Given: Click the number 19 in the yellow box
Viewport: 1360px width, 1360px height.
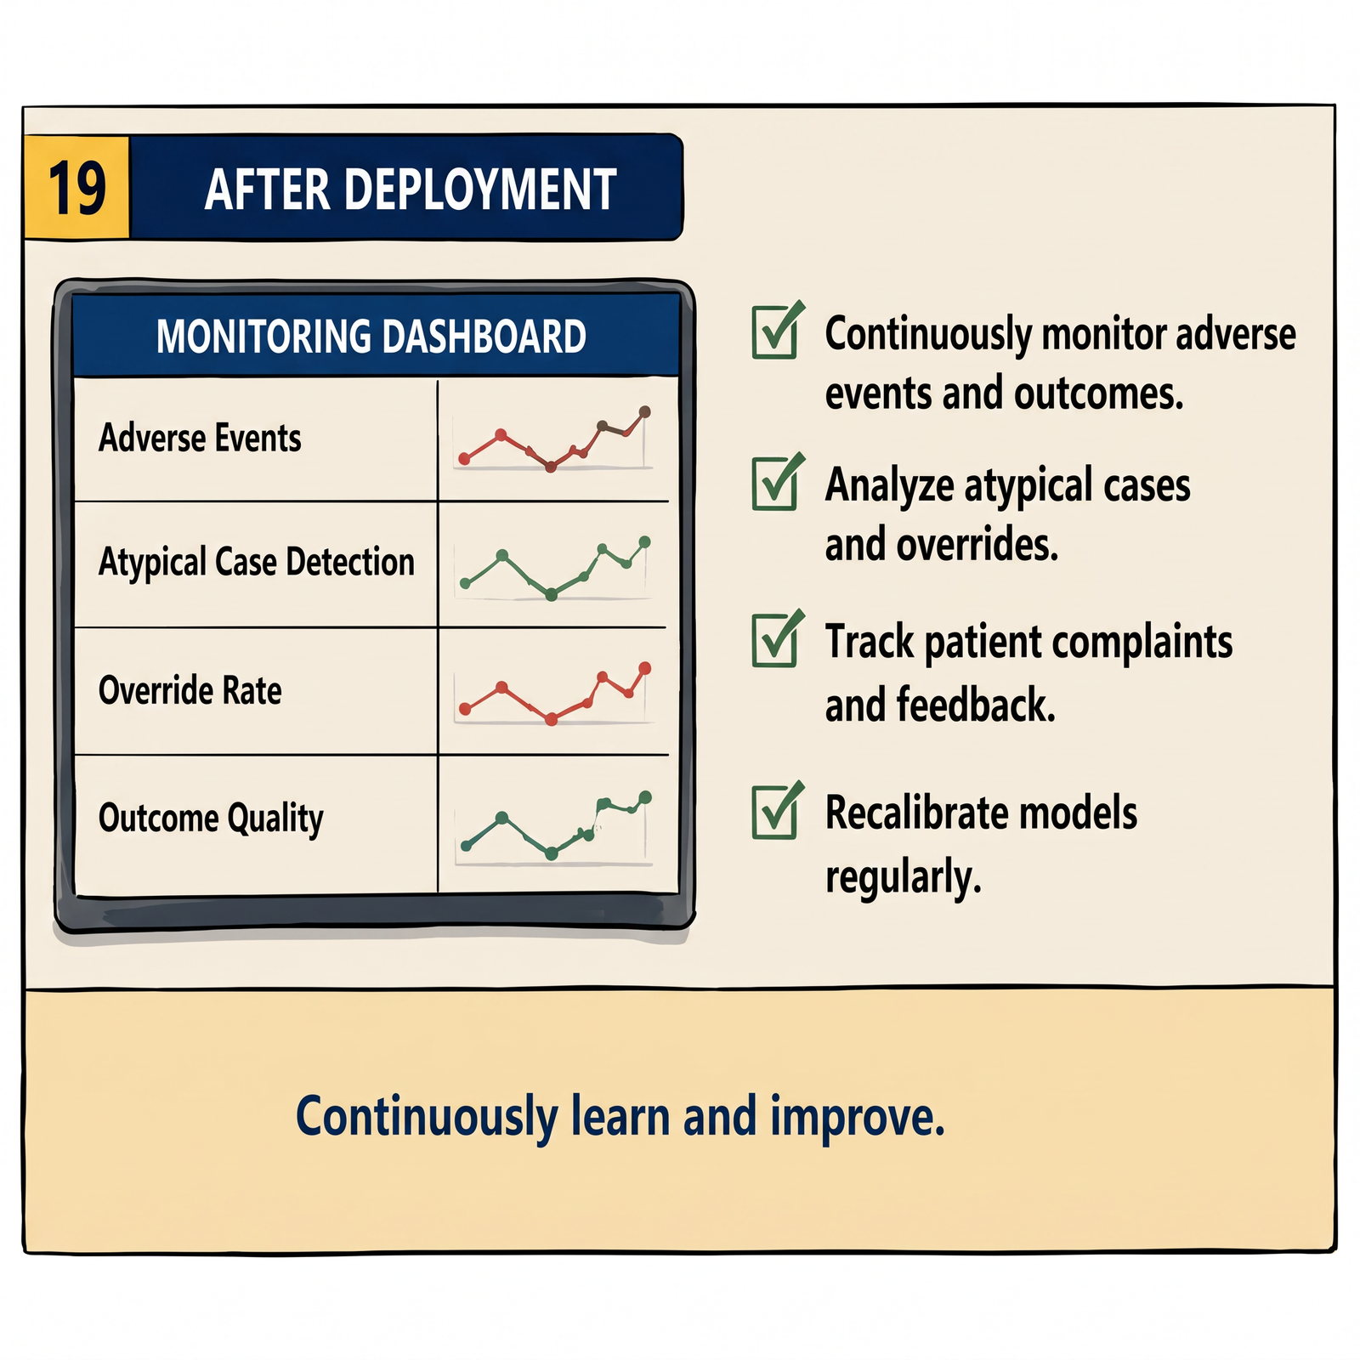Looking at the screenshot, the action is click(x=77, y=188).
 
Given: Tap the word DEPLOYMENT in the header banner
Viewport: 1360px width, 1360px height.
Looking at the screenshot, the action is click(x=480, y=189).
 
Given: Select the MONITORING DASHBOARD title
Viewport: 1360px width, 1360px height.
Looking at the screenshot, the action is click(x=371, y=336).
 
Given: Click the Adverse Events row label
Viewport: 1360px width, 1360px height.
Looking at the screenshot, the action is click(x=200, y=438).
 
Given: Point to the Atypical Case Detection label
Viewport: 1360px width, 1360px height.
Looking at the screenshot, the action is click(x=257, y=562).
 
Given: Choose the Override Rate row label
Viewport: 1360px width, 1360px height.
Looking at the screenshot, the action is click(x=190, y=689).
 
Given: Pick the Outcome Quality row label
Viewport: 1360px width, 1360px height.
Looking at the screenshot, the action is click(x=211, y=819).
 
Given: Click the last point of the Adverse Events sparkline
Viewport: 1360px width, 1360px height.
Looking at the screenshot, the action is click(x=644, y=412).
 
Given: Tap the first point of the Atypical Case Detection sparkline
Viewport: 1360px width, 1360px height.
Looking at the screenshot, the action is click(x=466, y=584).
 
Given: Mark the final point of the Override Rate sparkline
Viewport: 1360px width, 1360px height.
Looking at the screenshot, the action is click(x=644, y=668).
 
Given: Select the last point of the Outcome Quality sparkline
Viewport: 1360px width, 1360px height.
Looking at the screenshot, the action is click(x=645, y=797).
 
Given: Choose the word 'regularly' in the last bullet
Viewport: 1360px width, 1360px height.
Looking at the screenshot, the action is click(x=904, y=877).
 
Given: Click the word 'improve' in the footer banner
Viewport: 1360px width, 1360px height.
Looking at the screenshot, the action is click(x=858, y=1117).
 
